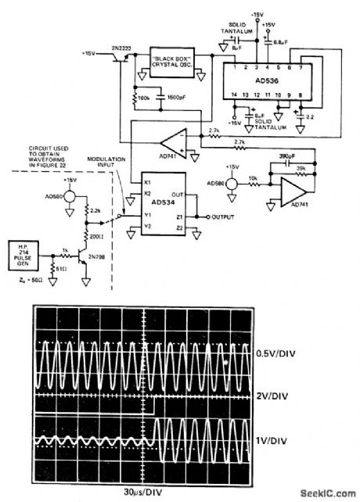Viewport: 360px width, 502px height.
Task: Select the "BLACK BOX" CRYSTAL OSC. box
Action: (175, 61)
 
